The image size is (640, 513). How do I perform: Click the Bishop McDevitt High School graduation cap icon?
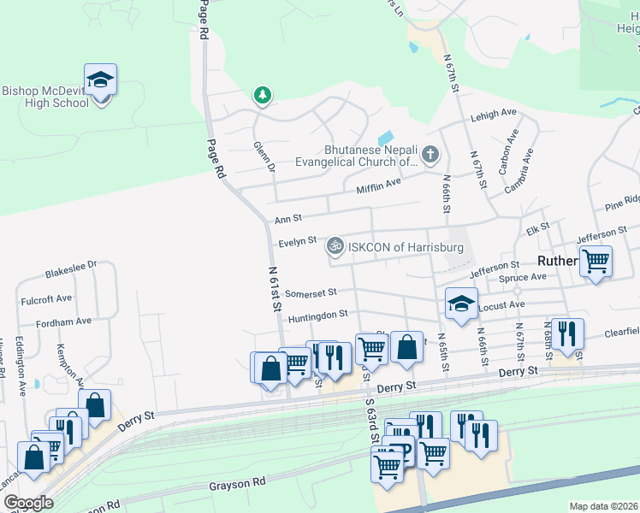click(101, 80)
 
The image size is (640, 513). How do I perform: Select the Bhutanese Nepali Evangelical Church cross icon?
click(430, 155)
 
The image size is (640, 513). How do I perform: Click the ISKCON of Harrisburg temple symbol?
click(335, 247)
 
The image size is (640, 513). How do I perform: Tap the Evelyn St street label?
click(297, 242)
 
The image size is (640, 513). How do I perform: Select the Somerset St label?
click(311, 293)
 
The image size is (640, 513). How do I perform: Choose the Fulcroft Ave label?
click(51, 299)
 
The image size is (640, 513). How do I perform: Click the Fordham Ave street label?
click(63, 322)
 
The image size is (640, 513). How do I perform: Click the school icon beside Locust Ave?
click(461, 303)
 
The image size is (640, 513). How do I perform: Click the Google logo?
click(28, 503)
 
